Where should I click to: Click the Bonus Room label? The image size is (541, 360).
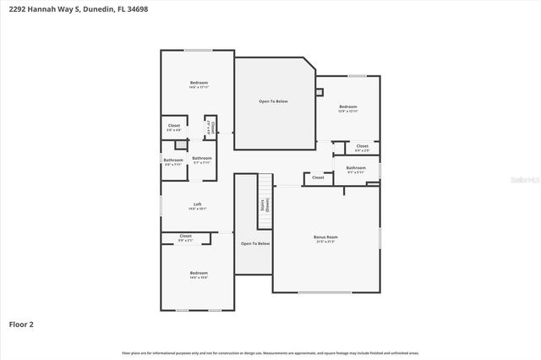(x=325, y=237)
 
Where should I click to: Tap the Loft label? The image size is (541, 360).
(x=197, y=204)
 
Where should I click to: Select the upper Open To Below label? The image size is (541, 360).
(x=273, y=101)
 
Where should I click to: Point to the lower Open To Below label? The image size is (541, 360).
(x=254, y=243)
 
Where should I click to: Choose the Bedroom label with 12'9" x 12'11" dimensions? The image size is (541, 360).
(x=347, y=106)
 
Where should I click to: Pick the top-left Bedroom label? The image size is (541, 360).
(x=198, y=83)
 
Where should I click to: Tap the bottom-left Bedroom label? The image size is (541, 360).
(x=198, y=273)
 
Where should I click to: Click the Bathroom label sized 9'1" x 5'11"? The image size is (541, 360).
(x=356, y=168)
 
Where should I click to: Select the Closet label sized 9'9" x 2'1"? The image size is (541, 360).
(x=185, y=237)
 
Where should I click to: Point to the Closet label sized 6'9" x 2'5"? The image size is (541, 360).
(x=362, y=147)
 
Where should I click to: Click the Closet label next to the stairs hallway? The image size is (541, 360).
(x=318, y=177)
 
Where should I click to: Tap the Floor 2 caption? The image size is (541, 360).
(x=21, y=324)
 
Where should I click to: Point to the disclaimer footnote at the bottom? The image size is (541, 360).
(x=270, y=352)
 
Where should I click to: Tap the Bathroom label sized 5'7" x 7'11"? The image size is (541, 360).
(x=201, y=159)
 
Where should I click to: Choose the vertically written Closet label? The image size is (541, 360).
(x=212, y=128)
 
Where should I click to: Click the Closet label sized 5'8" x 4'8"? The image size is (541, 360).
(x=173, y=127)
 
